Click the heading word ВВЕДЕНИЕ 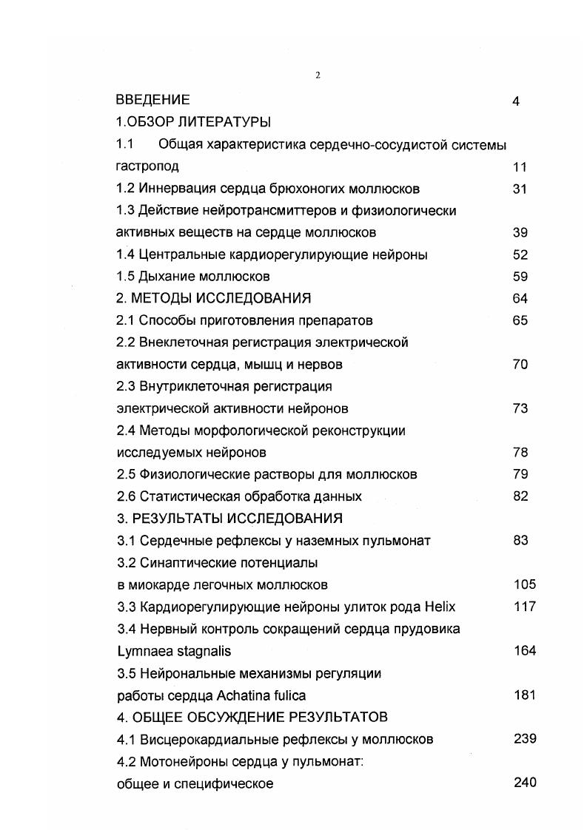153,100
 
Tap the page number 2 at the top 318,75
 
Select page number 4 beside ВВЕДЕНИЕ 515,101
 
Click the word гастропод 148,166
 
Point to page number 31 519,189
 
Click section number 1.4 127,254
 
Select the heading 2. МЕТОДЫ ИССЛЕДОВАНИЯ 214,298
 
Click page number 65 520,320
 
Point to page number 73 520,408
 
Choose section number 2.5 127,474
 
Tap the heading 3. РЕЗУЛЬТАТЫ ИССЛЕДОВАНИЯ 229,518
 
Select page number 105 524,584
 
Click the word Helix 440,607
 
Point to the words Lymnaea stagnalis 174,651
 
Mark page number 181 524,695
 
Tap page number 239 524,739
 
